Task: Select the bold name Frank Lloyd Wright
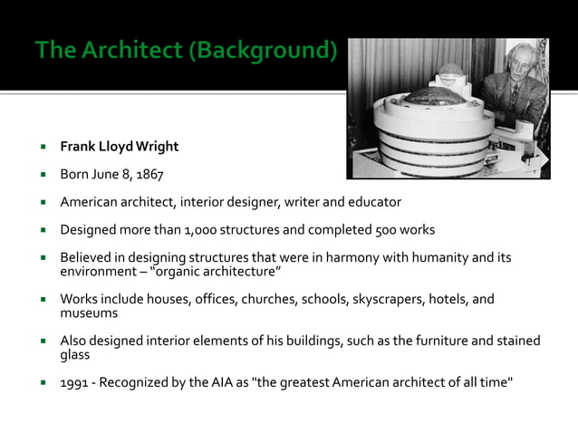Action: coord(120,147)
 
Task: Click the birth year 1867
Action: coord(149,174)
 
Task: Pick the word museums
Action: coord(89,313)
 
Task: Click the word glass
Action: coord(75,354)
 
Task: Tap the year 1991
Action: coord(75,382)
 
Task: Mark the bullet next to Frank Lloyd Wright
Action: coord(42,147)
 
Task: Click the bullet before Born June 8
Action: coord(42,174)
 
